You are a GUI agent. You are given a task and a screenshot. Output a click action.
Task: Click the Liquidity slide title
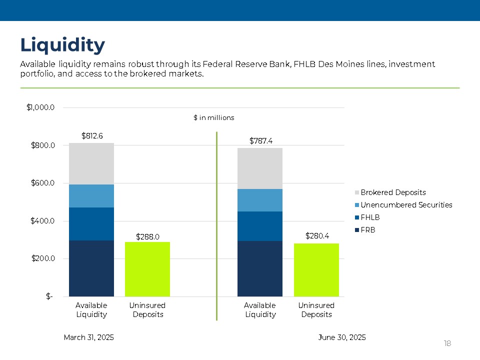click(x=62, y=45)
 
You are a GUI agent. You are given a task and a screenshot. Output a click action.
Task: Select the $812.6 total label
click(x=91, y=135)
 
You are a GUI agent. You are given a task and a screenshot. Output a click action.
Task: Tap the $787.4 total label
click(x=260, y=140)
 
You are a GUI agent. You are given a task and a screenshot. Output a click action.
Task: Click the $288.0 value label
click(x=147, y=236)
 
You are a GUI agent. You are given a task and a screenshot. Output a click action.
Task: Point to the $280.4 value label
click(x=316, y=235)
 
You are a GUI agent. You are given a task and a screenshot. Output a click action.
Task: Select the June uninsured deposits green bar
click(x=316, y=270)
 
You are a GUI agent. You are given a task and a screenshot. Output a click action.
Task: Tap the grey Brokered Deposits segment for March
click(x=91, y=163)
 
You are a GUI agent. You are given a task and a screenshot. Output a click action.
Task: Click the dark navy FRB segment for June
click(x=260, y=268)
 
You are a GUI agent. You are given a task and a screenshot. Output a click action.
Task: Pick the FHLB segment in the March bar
click(x=91, y=224)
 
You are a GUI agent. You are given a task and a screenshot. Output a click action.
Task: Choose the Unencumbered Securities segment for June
click(x=260, y=200)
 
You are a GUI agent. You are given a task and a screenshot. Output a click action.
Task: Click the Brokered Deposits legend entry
click(x=393, y=192)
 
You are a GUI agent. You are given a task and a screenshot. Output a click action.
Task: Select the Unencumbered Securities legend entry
click(x=406, y=205)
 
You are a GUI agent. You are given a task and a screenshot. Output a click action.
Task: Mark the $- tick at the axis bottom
click(x=49, y=296)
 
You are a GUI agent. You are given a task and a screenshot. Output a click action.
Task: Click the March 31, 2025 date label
click(x=89, y=337)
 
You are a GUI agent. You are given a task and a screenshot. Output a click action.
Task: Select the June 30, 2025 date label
click(x=342, y=337)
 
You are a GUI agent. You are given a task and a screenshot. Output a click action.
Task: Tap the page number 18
click(x=447, y=343)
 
